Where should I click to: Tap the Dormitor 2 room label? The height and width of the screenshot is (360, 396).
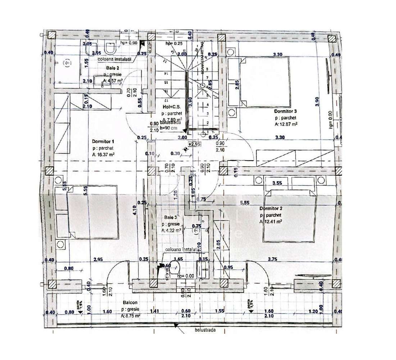coord(270,208)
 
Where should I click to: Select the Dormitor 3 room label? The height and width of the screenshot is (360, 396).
coord(285,111)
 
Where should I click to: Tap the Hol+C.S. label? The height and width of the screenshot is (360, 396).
coord(170,107)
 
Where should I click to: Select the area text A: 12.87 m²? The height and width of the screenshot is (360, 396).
coord(286,124)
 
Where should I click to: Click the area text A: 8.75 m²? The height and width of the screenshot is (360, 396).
coord(131,315)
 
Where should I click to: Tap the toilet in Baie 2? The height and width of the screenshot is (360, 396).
coord(110,47)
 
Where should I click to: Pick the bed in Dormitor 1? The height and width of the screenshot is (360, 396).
coord(92,212)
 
